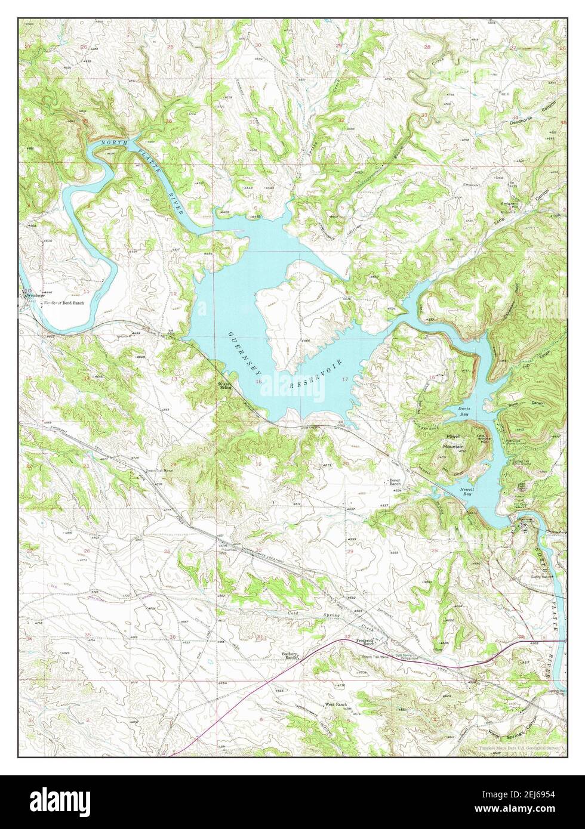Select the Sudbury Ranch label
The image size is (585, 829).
[x=291, y=656]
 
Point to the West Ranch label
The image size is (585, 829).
[x=335, y=704]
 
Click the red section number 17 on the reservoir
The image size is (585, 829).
[x=345, y=379]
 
